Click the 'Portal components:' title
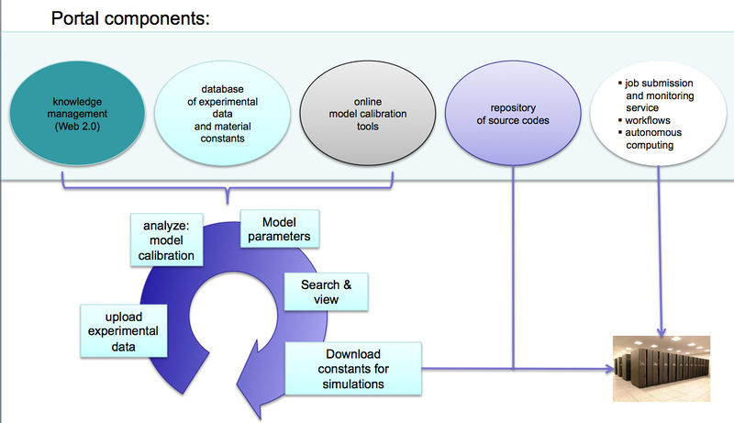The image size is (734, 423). [130, 17]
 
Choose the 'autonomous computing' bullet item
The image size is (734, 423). [655, 139]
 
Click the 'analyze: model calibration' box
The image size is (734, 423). [169, 240]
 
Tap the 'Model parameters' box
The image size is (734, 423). [280, 229]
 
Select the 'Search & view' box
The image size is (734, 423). [326, 291]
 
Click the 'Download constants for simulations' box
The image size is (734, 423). [353, 369]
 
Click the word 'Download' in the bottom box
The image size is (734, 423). [353, 354]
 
